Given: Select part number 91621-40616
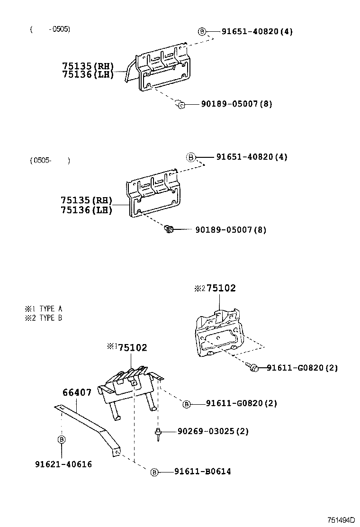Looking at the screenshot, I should [63, 464].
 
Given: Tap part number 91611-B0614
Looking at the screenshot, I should [203, 472].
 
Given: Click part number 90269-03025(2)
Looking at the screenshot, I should [213, 431].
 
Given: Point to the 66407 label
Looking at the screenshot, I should [77, 392].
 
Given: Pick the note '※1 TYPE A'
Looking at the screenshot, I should [44, 309].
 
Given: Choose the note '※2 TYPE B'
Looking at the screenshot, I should [44, 318].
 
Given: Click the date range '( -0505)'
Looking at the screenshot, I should [50, 29].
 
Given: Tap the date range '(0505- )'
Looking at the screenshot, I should [50, 160].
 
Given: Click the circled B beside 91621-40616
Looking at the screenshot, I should [62, 440].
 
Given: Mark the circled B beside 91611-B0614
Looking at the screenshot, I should [154, 472].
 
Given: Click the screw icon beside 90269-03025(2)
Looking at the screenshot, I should [157, 433].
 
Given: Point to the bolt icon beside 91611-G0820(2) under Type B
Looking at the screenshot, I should [252, 367].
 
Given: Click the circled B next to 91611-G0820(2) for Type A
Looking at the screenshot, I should [187, 404].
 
